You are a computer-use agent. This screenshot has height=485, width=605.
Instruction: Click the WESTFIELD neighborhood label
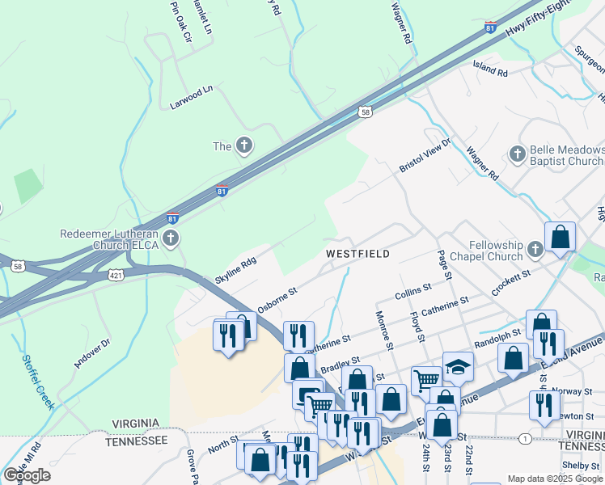click(x=357, y=254)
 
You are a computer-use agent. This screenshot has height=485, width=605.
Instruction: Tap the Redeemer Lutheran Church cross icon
click(x=170, y=238)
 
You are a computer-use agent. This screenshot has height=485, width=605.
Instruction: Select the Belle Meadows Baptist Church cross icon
click(x=517, y=154)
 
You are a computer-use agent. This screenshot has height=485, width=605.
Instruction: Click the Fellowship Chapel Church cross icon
click(x=535, y=250)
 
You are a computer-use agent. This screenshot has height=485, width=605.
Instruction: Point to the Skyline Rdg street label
click(x=235, y=270)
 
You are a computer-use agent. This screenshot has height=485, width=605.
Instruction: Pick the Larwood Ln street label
click(x=190, y=99)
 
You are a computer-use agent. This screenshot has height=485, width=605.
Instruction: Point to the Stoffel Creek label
click(x=39, y=377)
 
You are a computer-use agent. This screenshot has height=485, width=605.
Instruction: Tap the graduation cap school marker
click(x=458, y=365)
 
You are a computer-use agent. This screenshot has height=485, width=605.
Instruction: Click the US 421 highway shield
click(x=117, y=276)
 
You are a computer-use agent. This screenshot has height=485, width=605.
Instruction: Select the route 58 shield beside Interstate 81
click(x=366, y=113)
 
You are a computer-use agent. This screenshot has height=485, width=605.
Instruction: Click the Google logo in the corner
click(x=27, y=475)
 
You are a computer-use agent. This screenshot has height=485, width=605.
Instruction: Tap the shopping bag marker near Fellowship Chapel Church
click(x=560, y=238)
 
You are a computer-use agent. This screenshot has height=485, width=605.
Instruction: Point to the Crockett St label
click(x=512, y=283)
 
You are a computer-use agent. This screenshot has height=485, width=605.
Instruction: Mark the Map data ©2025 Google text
click(x=555, y=479)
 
